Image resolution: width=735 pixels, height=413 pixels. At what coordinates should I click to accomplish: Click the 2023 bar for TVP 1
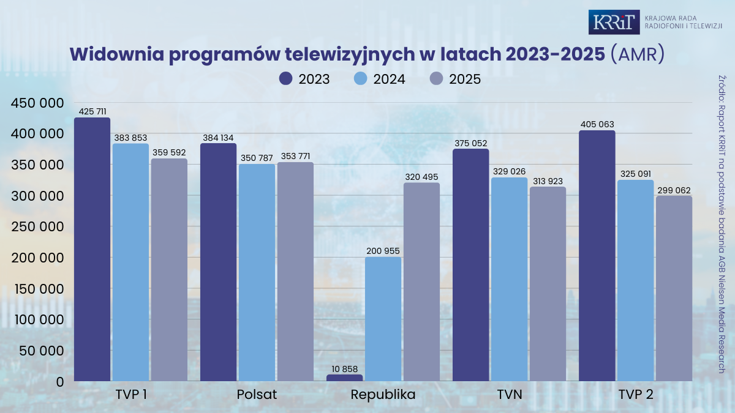92,249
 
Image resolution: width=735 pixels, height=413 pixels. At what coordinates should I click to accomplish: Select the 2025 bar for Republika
421,282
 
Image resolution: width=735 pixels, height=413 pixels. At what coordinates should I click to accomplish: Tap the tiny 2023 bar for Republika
344,378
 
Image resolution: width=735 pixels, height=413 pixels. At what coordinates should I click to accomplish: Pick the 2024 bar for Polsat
257,272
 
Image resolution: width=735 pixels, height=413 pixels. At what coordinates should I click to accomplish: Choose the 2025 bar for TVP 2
674,288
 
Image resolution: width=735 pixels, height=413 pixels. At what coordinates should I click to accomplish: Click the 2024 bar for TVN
509,279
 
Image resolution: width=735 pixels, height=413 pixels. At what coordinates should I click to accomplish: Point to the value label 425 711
92,111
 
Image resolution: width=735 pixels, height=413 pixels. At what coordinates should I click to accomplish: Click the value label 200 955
383,251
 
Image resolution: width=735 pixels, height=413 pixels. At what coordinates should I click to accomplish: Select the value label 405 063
597,124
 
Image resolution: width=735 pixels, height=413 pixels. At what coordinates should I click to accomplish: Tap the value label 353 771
295,156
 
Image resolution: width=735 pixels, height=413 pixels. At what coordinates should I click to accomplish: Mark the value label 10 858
344,369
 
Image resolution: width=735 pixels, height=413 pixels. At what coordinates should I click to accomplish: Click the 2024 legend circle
361,79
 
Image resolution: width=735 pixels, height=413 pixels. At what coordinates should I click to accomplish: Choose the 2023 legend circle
286,79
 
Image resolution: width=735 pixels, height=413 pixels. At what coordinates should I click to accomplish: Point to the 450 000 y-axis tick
37,103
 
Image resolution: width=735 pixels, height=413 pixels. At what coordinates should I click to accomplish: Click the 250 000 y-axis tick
37,226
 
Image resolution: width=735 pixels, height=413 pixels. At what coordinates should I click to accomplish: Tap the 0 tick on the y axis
60,382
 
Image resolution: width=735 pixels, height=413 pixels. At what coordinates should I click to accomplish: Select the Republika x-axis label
383,395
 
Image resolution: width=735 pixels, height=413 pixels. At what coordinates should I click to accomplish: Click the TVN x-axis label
510,394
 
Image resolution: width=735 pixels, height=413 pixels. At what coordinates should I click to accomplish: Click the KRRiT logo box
614,22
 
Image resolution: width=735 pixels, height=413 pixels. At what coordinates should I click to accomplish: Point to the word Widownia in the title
117,54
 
